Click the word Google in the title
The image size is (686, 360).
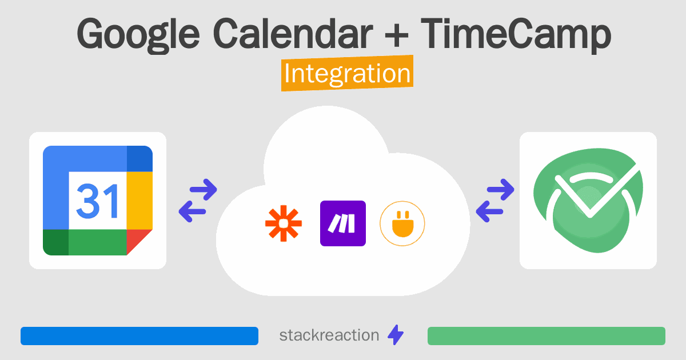pos(138,35)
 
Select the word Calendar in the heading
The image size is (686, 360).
pos(293,33)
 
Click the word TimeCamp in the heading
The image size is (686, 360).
pos(516,35)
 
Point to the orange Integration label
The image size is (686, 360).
pos(348,73)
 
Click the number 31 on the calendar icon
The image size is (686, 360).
pos(97,201)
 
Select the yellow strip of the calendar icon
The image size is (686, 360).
pos(139,201)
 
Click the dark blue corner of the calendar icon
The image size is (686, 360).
pos(139,159)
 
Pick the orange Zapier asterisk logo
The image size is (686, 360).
pos(284,223)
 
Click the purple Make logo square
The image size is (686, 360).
pos(343,223)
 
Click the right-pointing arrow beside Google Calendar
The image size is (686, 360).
pos(204,190)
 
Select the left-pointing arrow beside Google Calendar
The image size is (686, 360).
pos(192,211)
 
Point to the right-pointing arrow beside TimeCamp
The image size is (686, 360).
pos(500,190)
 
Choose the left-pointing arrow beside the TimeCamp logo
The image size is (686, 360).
pos(489,211)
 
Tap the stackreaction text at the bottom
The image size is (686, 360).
pos(329,335)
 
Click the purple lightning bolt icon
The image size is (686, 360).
pos(396,335)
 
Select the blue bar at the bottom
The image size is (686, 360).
pos(139,336)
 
